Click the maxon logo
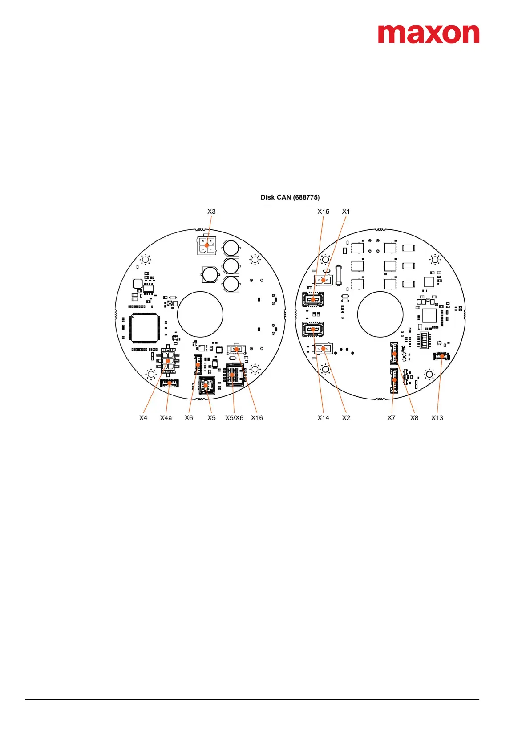tap(428, 34)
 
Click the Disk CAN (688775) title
tap(290, 197)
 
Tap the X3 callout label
tap(211, 212)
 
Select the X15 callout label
tap(323, 212)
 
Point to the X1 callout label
tap(346, 212)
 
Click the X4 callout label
tap(143, 418)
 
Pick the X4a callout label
tap(166, 418)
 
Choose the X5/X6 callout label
tap(234, 418)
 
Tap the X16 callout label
tap(257, 418)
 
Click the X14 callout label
tap(323, 418)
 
